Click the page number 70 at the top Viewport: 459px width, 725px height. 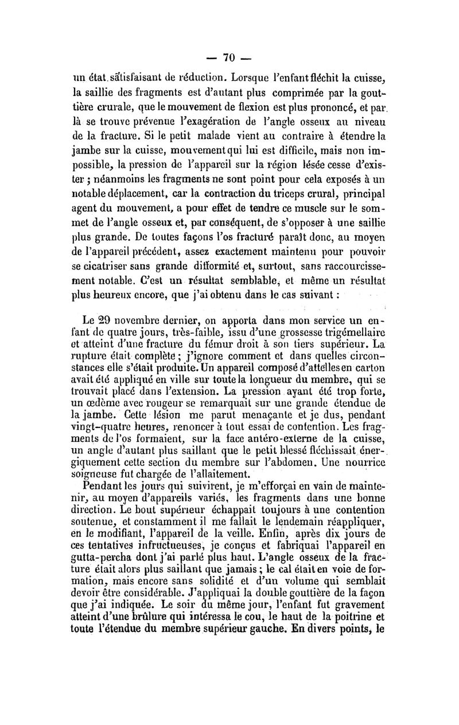(229, 57)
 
